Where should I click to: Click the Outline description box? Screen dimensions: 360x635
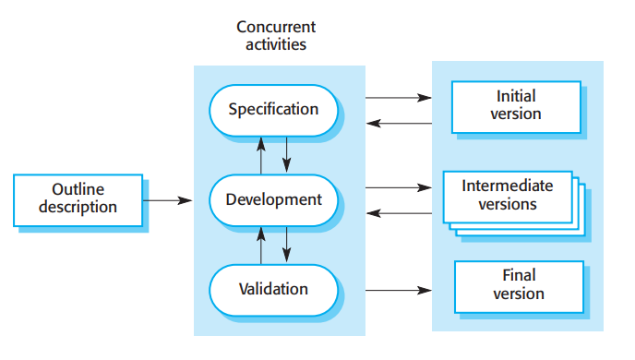tap(78, 198)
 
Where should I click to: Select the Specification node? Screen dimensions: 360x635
tap(273, 109)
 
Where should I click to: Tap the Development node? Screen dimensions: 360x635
tap(273, 198)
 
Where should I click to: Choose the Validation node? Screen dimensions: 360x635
tap(273, 289)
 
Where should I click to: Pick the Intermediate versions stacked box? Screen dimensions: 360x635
tap(508, 195)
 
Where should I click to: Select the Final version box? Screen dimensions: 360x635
tap(518, 285)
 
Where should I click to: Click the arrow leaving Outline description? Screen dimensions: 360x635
tap(168, 199)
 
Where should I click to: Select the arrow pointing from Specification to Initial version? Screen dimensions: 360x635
tap(399, 96)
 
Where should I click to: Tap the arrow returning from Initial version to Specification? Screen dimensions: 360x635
tap(399, 123)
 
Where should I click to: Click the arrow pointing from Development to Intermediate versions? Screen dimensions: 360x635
tap(399, 187)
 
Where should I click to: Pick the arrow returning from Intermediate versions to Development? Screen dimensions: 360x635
tap(399, 213)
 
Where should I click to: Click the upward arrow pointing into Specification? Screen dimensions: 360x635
tap(261, 153)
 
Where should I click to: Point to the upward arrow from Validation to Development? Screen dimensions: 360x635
tap(261, 244)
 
